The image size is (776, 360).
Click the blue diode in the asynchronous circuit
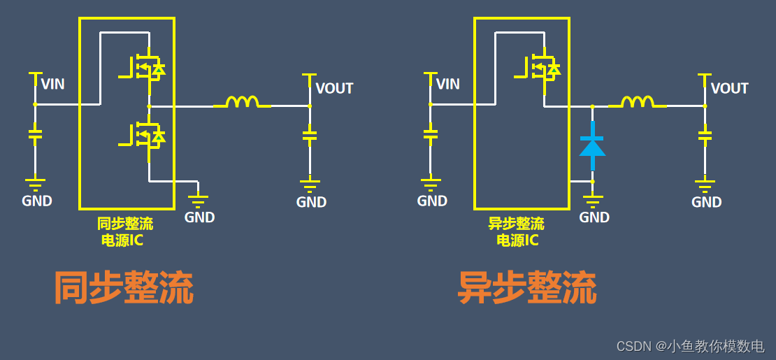point(592,146)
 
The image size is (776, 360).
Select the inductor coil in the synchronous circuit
point(242,102)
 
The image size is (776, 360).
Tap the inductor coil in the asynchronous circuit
point(637,102)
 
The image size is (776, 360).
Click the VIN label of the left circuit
point(52,85)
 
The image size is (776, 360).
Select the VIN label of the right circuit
point(447,85)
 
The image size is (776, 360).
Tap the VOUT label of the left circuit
point(334,89)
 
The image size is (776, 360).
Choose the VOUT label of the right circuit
point(729,89)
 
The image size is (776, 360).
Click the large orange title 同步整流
point(124,288)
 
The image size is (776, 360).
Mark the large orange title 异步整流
point(527,288)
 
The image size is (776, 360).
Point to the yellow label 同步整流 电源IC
point(125,232)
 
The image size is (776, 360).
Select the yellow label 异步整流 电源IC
point(517,232)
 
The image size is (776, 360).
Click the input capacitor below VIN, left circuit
point(34,133)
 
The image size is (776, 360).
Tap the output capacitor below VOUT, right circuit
point(705,133)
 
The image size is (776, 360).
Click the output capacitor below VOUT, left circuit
point(310,133)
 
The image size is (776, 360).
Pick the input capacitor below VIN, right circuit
point(430,133)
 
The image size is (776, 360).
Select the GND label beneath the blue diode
point(594,217)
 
